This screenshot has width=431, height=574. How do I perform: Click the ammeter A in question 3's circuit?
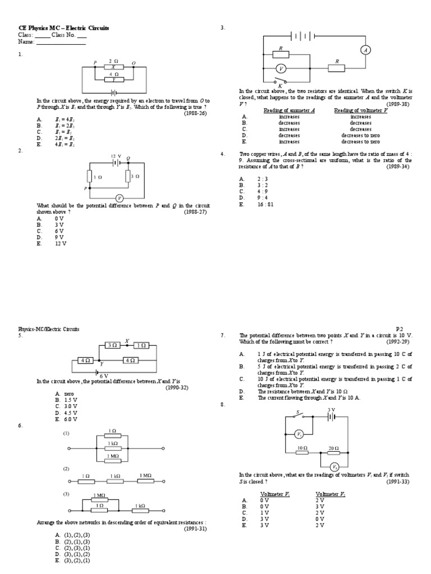click(366, 50)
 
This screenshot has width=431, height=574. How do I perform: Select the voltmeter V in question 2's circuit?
click(118, 198)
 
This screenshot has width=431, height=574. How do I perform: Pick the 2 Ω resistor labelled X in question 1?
click(113, 67)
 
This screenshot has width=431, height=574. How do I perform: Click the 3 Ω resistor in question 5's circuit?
click(113, 345)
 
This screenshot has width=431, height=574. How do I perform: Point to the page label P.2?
click(400, 329)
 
